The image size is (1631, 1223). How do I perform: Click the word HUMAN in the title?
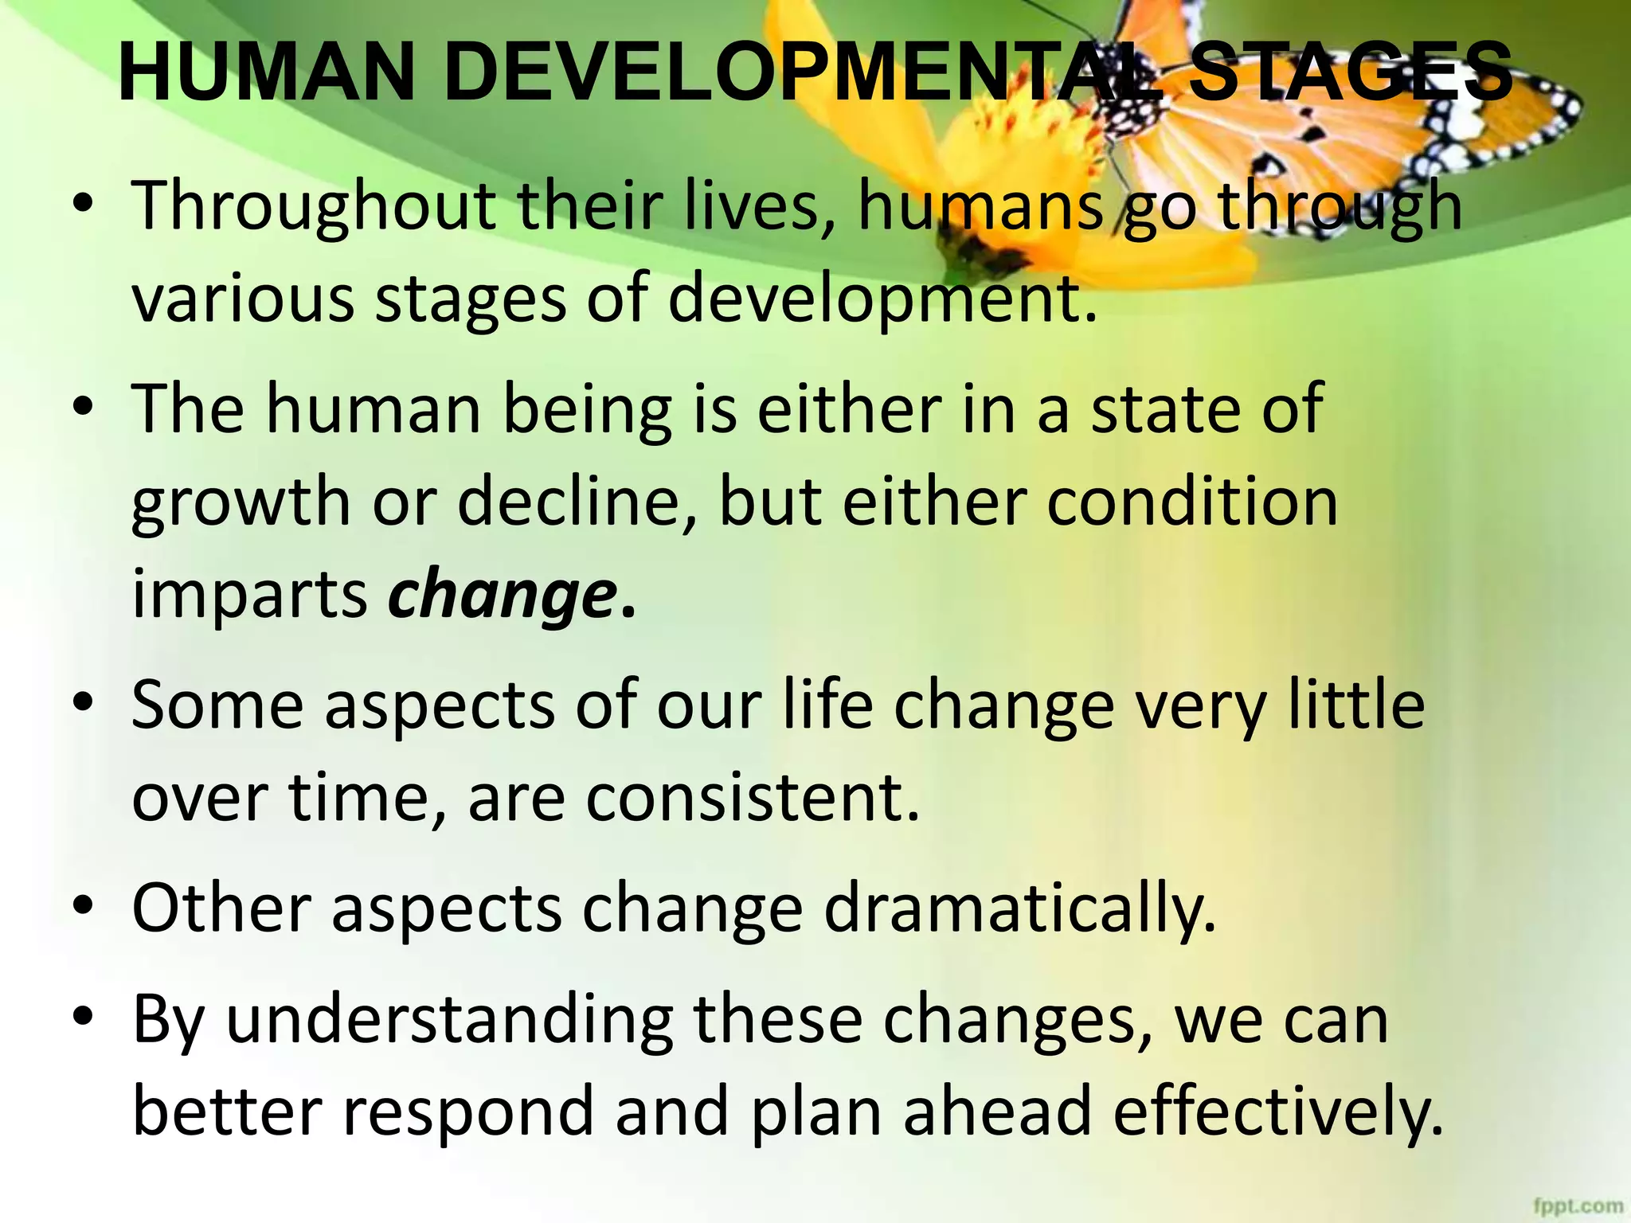point(267,73)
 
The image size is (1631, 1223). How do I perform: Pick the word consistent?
point(753,798)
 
